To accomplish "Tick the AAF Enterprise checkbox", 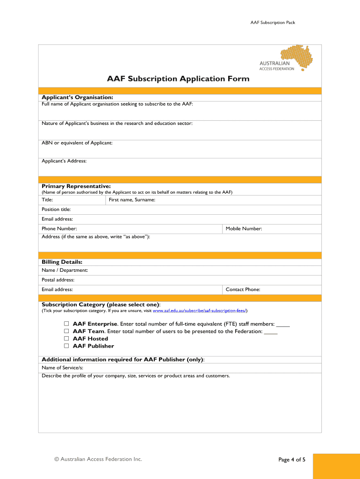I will [x=66, y=324].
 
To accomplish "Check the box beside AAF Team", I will [x=66, y=331].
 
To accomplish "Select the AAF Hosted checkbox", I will [x=66, y=339].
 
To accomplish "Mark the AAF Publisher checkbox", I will [x=66, y=346].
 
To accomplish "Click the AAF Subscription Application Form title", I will [x=178, y=79].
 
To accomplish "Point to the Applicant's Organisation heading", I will [x=77, y=97].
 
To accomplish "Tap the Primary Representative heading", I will [x=76, y=186].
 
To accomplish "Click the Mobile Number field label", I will [x=244, y=229].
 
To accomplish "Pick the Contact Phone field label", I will [x=243, y=290].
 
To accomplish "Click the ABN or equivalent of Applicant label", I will [x=77, y=143].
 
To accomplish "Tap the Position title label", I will [x=56, y=210].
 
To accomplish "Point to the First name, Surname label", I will [x=132, y=200].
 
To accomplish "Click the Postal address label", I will [x=58, y=280].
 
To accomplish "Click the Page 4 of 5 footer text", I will [x=292, y=460].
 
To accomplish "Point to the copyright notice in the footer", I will [x=98, y=459].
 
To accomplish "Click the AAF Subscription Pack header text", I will [x=273, y=22].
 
